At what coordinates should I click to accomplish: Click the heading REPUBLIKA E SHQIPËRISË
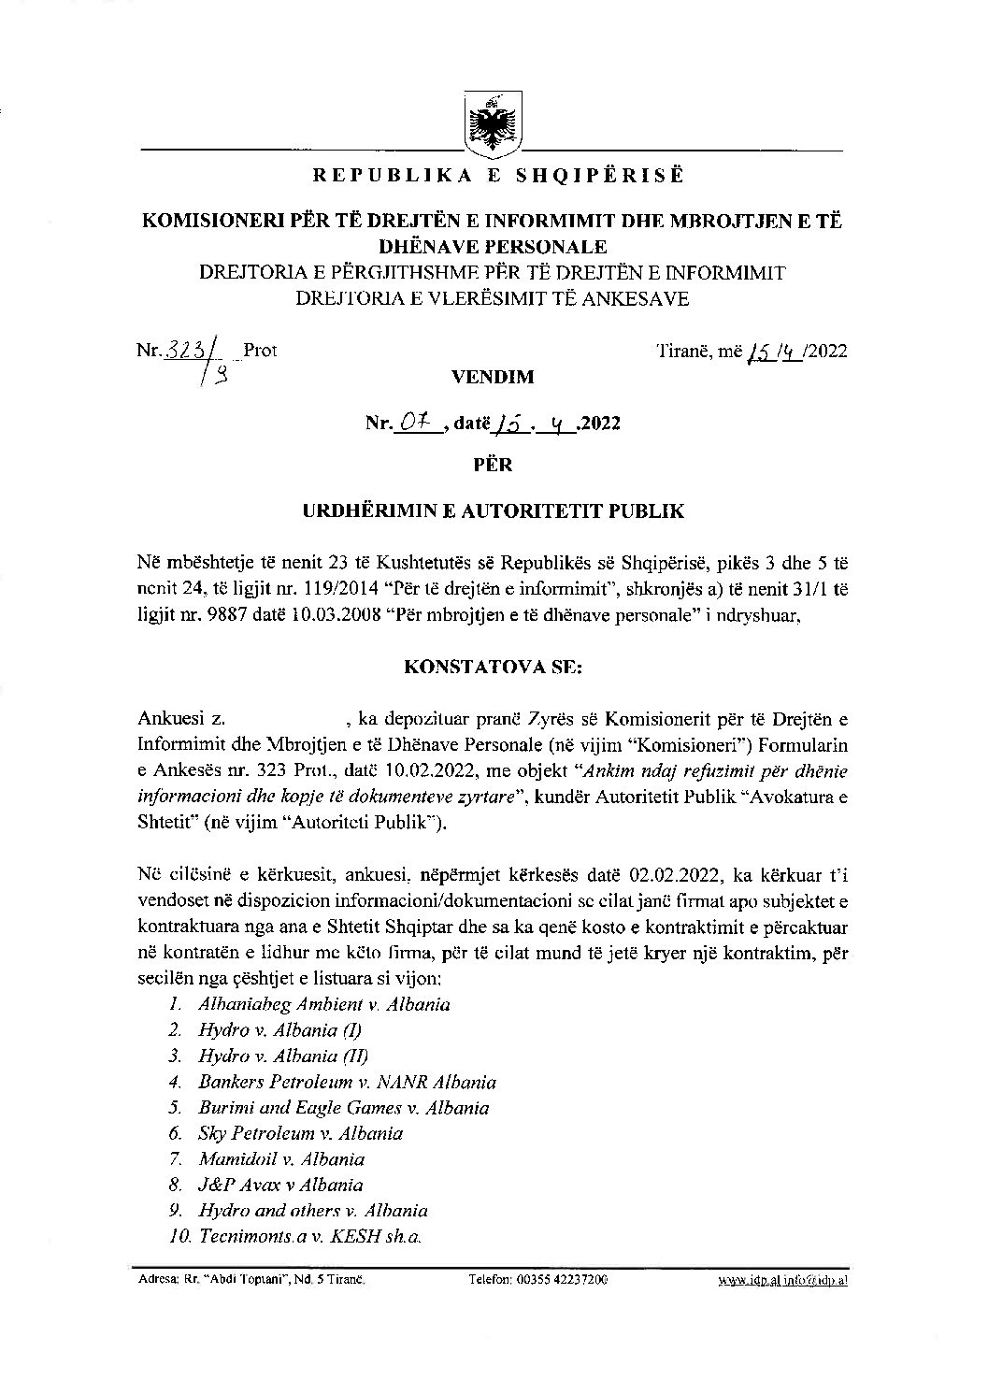click(x=493, y=175)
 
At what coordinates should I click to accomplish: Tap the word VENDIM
click(x=493, y=378)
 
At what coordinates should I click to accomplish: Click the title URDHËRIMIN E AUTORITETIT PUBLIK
click(x=493, y=511)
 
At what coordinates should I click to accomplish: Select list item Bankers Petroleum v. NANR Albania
click(x=347, y=1082)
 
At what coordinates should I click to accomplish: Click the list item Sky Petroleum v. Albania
click(x=300, y=1133)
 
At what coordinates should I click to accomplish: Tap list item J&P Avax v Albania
click(x=280, y=1185)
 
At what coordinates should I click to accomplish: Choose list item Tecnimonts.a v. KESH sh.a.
click(x=309, y=1236)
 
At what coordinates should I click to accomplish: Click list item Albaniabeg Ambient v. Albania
click(x=323, y=1005)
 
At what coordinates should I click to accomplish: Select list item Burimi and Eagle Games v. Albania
click(x=343, y=1108)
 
